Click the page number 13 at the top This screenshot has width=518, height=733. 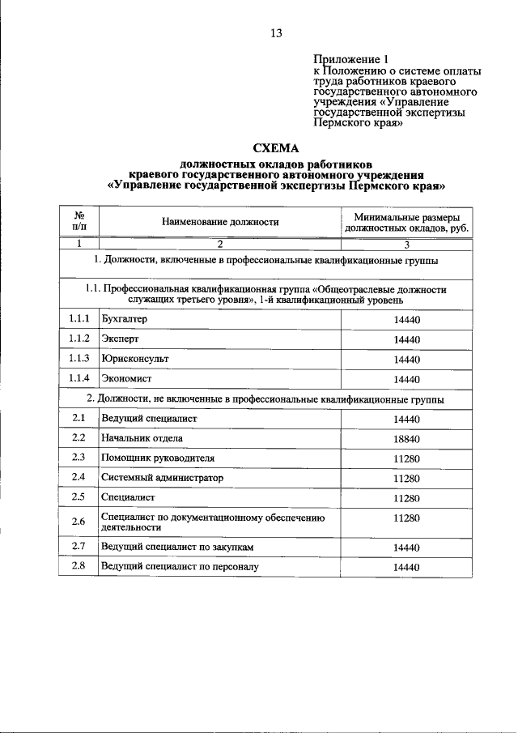coord(276,33)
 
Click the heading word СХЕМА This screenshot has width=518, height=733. coord(276,148)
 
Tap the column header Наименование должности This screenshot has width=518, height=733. coord(219,221)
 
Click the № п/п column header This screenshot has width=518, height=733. coord(79,221)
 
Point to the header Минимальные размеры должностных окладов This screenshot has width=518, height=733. coord(406,221)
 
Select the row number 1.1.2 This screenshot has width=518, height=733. coord(79,339)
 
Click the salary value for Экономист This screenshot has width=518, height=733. coord(406,378)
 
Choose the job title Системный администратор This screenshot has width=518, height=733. coord(161,478)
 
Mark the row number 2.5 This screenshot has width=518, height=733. coord(79,497)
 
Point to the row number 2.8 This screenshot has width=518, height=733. coord(79,566)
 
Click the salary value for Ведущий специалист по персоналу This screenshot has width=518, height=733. coord(406,567)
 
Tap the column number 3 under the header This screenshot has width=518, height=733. coord(406,243)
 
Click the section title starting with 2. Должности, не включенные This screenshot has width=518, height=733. coord(265,399)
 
